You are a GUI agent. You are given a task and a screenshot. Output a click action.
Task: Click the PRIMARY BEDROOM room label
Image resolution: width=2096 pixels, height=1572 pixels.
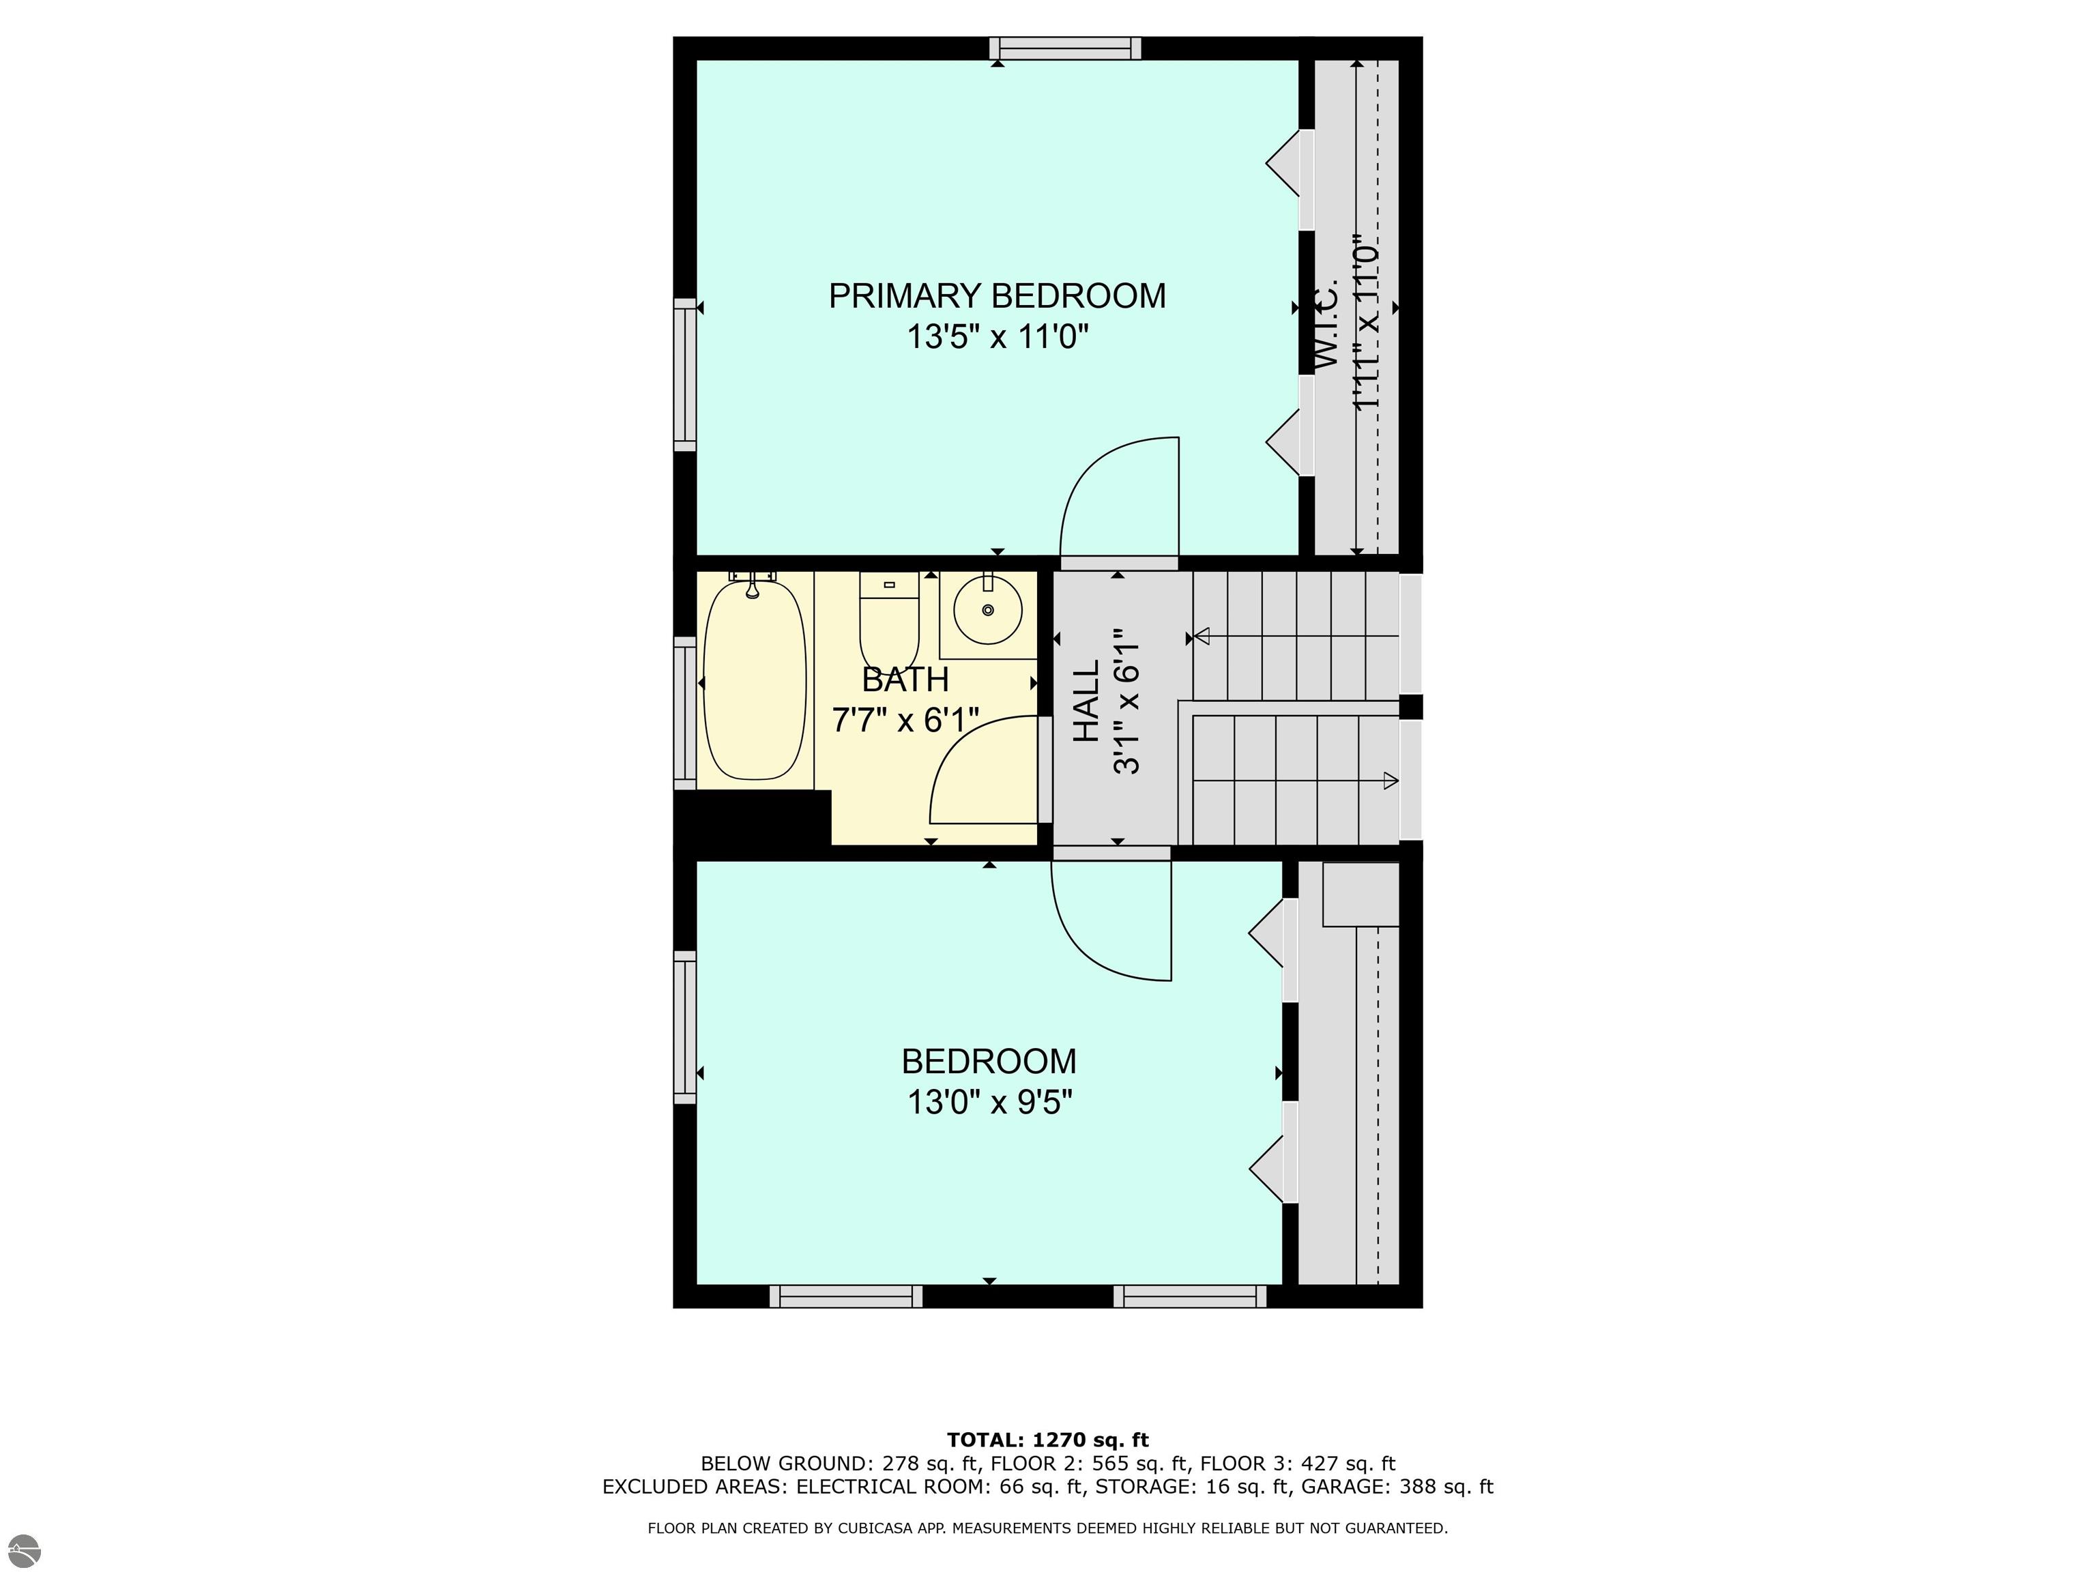click(997, 295)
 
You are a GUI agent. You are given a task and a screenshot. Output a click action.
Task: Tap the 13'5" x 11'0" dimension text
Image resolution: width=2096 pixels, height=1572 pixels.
click(997, 336)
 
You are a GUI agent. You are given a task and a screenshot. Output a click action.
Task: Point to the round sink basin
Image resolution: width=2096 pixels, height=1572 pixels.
click(989, 609)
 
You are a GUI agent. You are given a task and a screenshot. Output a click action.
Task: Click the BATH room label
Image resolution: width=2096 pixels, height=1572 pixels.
click(905, 680)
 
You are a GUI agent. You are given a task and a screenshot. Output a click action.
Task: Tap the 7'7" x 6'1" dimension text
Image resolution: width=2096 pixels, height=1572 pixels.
click(905, 720)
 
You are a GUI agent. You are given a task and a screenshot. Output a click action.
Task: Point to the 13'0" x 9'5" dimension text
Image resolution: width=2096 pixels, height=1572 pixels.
click(989, 1102)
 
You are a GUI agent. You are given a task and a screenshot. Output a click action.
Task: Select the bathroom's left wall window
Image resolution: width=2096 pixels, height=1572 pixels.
click(684, 712)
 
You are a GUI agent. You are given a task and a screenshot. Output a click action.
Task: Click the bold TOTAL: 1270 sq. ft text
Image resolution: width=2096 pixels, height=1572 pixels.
click(1048, 1440)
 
